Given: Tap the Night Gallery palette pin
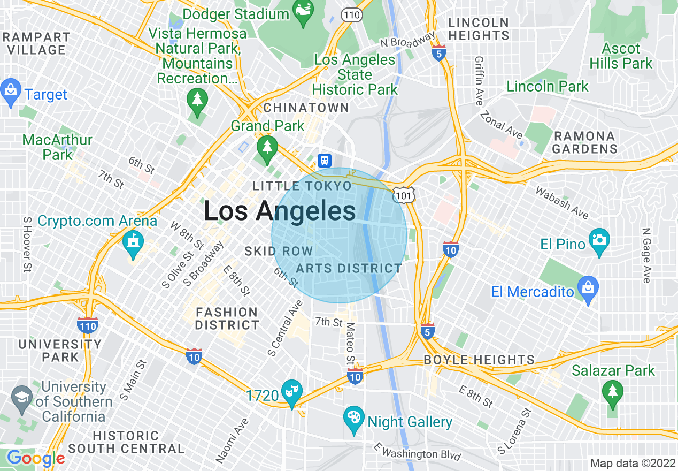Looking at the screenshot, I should pos(353,420).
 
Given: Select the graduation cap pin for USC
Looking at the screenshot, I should pos(21,399).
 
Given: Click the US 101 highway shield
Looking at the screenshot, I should pos(403,195).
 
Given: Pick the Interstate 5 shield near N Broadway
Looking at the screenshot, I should pos(439,53).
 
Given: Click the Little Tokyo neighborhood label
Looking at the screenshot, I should pos(302,186).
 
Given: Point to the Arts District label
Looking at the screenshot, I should pos(349,268).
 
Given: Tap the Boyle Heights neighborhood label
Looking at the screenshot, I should pos(479,360).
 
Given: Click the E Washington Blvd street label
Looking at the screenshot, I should pos(417,453).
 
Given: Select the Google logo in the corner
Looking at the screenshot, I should pos(35,458).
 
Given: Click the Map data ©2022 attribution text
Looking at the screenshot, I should pos(631,463).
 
